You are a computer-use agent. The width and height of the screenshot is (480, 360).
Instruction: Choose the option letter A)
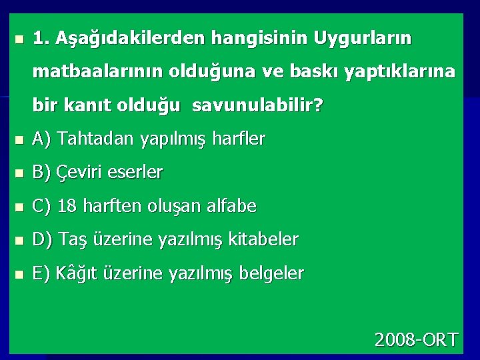pyautogui.click(x=42, y=139)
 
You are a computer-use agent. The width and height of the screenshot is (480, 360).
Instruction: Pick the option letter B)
pyautogui.click(x=42, y=173)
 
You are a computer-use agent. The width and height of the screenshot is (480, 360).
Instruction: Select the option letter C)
pyautogui.click(x=42, y=206)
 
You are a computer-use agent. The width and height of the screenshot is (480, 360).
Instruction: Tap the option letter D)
pyautogui.click(x=42, y=239)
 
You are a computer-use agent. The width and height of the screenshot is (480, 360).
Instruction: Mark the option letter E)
pyautogui.click(x=41, y=273)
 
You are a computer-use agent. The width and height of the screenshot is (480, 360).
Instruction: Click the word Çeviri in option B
pyautogui.click(x=79, y=173)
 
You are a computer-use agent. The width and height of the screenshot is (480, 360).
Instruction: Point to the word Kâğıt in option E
pyautogui.click(x=76, y=273)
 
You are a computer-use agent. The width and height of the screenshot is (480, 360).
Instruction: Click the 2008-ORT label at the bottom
pyautogui.click(x=416, y=340)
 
